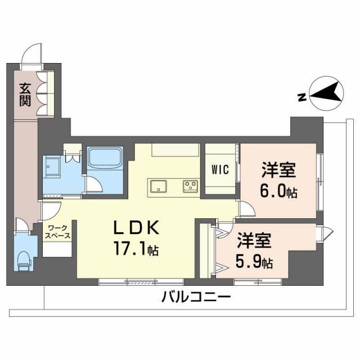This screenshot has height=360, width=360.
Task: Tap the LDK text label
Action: pos(137,228)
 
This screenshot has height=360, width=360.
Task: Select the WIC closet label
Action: pos(220,170)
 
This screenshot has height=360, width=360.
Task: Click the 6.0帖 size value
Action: pos(278,192)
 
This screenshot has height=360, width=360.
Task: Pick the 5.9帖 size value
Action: pos(255,262)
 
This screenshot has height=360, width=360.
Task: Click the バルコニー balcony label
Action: pos(196,297)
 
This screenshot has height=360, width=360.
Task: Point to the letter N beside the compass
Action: pos(301,97)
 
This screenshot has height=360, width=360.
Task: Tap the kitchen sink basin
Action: pos(158,185)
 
